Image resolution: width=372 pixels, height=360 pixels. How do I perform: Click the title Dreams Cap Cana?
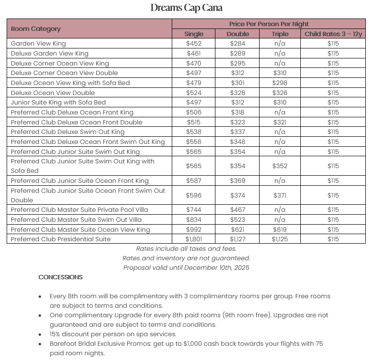click(x=186, y=8)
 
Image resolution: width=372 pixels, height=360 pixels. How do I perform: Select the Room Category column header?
click(x=36, y=28)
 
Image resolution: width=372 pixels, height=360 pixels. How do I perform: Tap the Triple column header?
click(x=280, y=34)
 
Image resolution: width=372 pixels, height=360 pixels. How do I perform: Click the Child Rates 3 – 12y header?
click(x=333, y=34)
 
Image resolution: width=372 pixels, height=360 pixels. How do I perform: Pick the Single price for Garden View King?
click(x=194, y=44)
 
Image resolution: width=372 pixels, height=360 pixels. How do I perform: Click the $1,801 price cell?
click(x=194, y=239)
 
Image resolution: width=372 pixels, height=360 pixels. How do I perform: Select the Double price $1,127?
click(x=238, y=239)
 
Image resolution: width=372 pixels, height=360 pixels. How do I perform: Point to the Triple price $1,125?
click(x=280, y=239)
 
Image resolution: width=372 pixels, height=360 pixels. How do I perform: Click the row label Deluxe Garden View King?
click(x=49, y=54)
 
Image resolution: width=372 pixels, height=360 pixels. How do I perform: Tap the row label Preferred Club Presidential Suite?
click(x=60, y=239)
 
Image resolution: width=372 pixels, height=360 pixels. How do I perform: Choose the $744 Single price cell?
click(x=194, y=210)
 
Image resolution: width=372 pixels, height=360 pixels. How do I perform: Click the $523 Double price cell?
click(x=238, y=220)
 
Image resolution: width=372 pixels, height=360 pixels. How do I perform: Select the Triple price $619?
click(x=280, y=230)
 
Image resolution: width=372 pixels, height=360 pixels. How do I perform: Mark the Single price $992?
click(x=194, y=230)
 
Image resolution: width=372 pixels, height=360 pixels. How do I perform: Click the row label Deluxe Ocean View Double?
click(x=53, y=93)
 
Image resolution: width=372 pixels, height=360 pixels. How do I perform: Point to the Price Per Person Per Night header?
click(x=269, y=24)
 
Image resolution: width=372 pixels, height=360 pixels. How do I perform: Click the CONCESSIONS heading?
click(x=60, y=277)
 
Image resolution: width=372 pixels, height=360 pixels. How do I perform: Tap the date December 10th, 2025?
click(x=217, y=267)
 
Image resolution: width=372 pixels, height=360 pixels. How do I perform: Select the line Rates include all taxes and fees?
click(x=186, y=248)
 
